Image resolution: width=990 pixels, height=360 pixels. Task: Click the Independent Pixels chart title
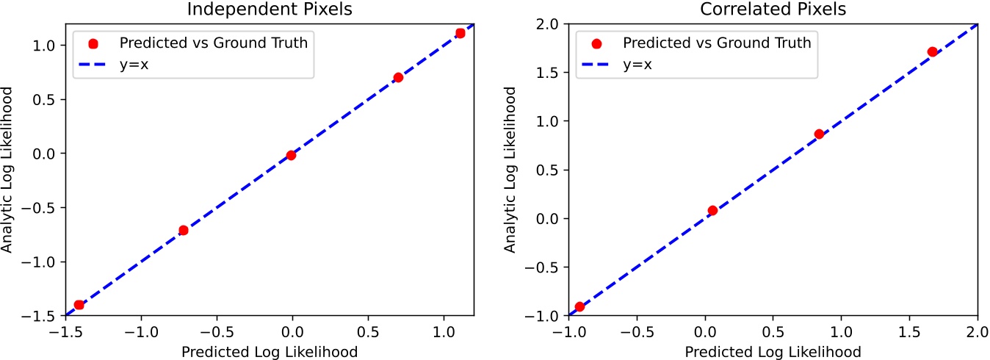[x=270, y=10]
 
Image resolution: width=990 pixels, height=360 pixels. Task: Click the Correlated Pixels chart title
[x=773, y=10]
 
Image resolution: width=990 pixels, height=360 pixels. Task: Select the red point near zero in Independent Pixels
[x=291, y=155]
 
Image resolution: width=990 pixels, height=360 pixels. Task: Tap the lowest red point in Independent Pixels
[x=79, y=304]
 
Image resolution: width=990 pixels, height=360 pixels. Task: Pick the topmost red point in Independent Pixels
[x=460, y=33]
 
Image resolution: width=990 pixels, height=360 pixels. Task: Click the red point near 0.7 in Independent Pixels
[x=398, y=77]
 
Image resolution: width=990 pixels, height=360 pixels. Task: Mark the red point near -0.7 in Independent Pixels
[x=184, y=230]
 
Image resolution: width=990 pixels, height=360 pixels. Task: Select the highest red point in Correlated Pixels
[x=932, y=51]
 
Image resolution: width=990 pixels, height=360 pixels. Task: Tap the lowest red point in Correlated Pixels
[x=579, y=306]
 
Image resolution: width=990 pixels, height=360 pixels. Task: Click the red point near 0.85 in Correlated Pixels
[x=819, y=134]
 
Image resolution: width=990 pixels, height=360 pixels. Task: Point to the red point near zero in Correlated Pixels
[x=712, y=210]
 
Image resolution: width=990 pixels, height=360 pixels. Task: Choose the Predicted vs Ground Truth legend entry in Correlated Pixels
[x=717, y=43]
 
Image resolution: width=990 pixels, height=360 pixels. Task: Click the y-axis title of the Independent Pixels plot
[x=8, y=170]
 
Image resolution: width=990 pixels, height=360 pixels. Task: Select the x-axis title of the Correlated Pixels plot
[x=773, y=351]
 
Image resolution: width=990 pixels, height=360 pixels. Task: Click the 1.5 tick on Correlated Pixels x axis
[x=908, y=332]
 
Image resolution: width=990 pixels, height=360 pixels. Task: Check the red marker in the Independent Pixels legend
[x=93, y=43]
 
